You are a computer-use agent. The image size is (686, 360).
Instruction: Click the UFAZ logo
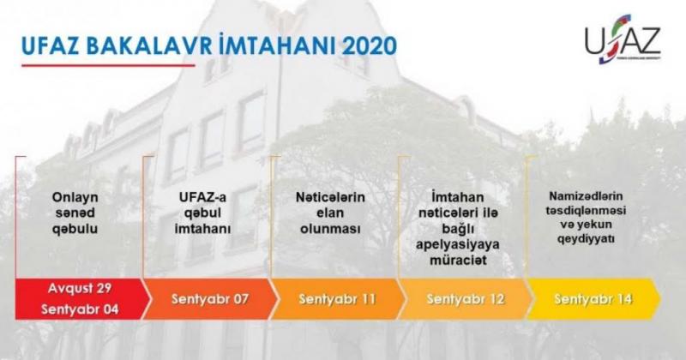(623, 39)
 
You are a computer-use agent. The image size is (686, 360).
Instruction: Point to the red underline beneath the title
(108, 66)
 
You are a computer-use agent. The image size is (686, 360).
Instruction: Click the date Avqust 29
(80, 288)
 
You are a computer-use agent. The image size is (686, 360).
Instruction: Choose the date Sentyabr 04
(80, 309)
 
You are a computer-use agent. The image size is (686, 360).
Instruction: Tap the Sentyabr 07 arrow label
(210, 299)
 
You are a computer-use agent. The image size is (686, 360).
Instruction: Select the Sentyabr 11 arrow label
(337, 299)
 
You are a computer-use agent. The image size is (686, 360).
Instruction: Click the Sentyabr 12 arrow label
(466, 299)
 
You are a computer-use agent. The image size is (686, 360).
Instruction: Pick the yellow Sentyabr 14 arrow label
(593, 299)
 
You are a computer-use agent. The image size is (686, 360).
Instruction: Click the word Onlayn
(75, 198)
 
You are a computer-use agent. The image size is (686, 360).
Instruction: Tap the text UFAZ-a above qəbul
(202, 197)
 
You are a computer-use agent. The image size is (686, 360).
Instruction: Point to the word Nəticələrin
(330, 197)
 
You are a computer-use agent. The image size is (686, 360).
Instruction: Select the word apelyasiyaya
(458, 245)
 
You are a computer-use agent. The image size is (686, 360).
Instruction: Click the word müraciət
(458, 261)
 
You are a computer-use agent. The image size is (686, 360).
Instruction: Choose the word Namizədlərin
(586, 196)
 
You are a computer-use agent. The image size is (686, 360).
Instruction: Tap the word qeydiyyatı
(586, 239)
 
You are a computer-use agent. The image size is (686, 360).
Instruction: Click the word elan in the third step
(330, 213)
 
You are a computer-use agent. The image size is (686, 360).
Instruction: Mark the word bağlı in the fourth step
(458, 229)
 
